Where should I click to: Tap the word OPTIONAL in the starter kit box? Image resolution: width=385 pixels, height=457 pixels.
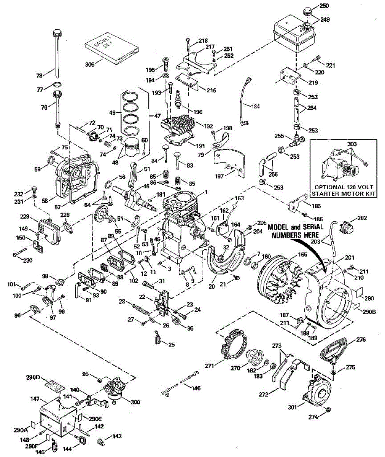(332, 187)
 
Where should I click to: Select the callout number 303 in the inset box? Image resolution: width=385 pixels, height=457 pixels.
(352, 144)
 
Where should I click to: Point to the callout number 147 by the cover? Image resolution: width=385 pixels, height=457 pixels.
(35, 399)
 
